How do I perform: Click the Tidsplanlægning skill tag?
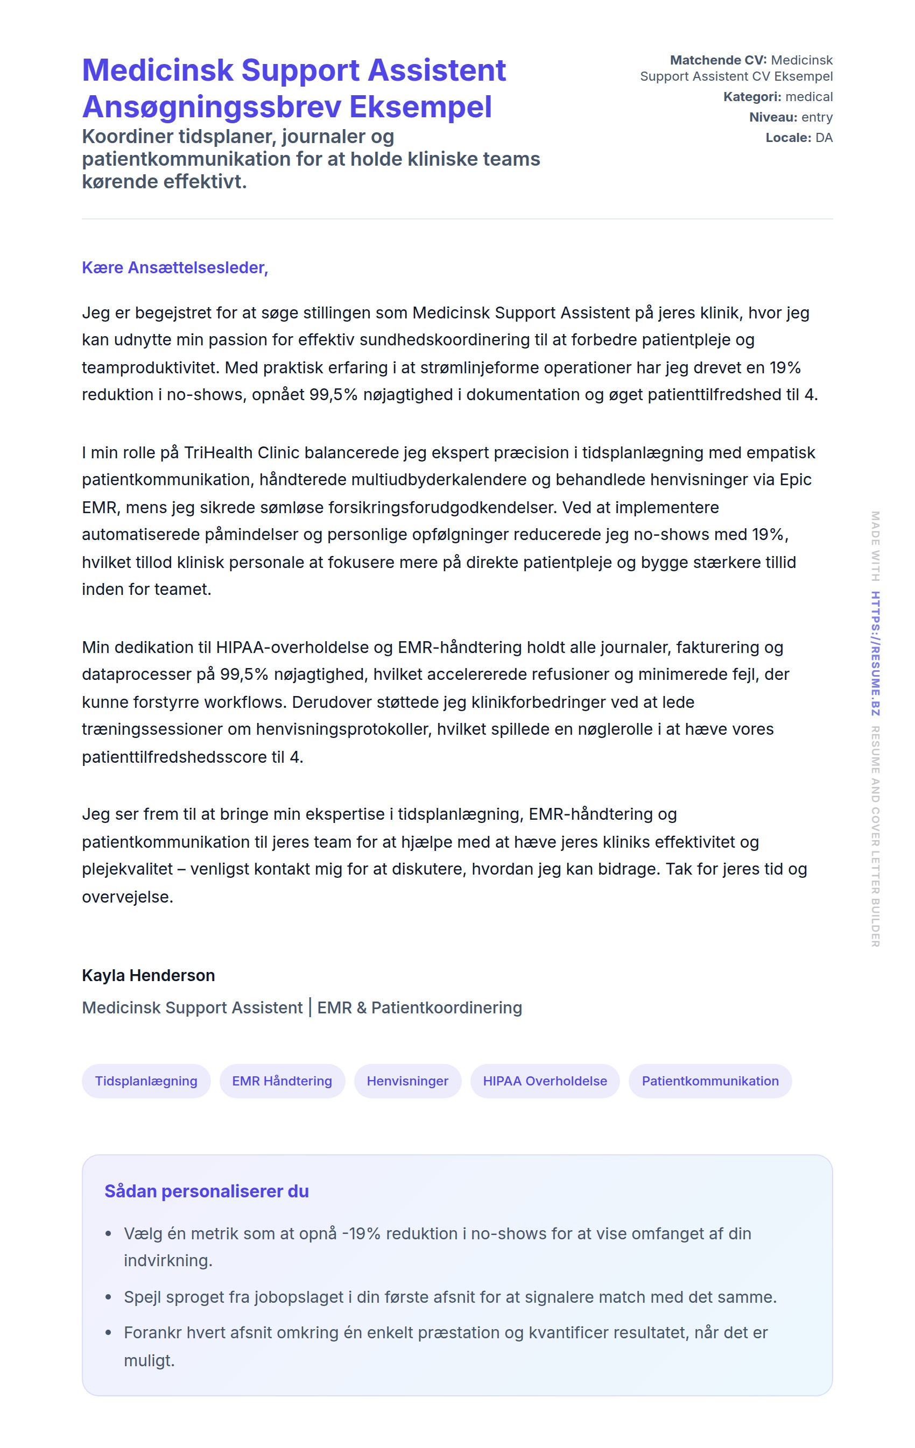tap(146, 1081)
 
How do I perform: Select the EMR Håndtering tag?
tap(281, 1081)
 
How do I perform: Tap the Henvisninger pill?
tap(407, 1081)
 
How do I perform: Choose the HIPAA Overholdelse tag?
tap(545, 1081)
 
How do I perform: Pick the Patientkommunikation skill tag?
tap(710, 1081)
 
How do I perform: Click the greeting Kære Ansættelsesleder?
tap(174, 267)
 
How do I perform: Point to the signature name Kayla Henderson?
tap(148, 975)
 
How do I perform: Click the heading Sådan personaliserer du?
tap(206, 1191)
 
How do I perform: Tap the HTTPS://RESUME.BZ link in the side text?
tap(875, 653)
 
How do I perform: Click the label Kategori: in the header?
tap(752, 97)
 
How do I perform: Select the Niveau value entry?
tap(817, 117)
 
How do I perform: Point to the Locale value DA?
tap(823, 138)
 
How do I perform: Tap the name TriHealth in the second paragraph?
tap(218, 452)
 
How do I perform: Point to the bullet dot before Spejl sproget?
tap(108, 1297)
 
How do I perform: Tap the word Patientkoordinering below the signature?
tap(446, 1007)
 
